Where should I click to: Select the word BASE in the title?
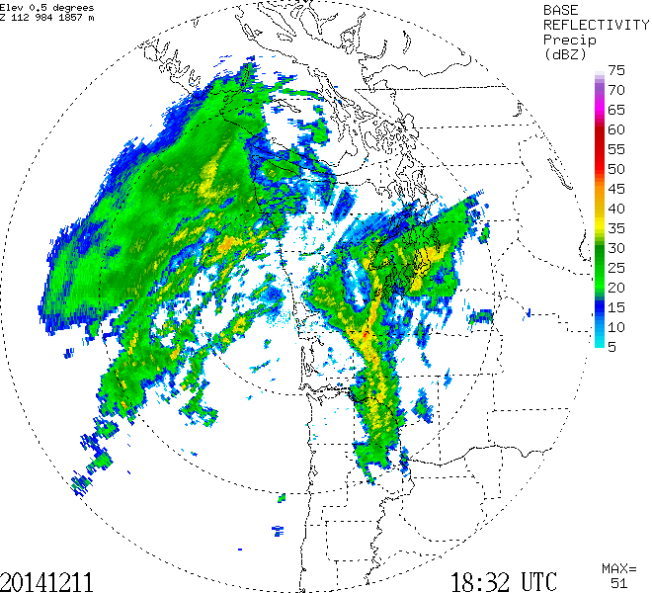[x=561, y=9]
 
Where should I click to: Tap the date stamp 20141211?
[x=49, y=580]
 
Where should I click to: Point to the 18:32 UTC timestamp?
[x=504, y=580]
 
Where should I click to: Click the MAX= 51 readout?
[x=619, y=575]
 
